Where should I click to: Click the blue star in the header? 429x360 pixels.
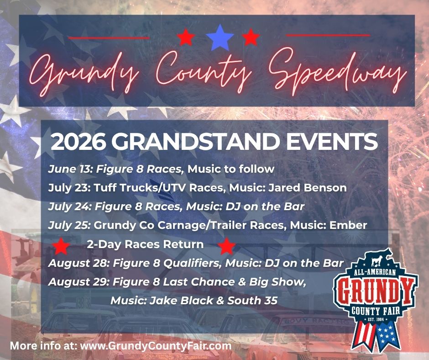(x=220, y=38)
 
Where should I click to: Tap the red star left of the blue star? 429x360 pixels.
(x=186, y=37)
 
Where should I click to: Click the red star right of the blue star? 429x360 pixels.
(x=251, y=37)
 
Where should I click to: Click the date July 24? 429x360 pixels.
(x=69, y=206)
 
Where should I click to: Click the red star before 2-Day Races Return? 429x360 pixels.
(x=61, y=246)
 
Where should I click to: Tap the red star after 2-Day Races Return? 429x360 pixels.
(x=226, y=246)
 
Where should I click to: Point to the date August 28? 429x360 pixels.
(x=79, y=263)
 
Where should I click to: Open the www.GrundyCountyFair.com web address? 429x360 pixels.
(x=156, y=346)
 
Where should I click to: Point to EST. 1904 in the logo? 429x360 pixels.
(x=375, y=319)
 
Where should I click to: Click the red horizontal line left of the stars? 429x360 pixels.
(x=109, y=38)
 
